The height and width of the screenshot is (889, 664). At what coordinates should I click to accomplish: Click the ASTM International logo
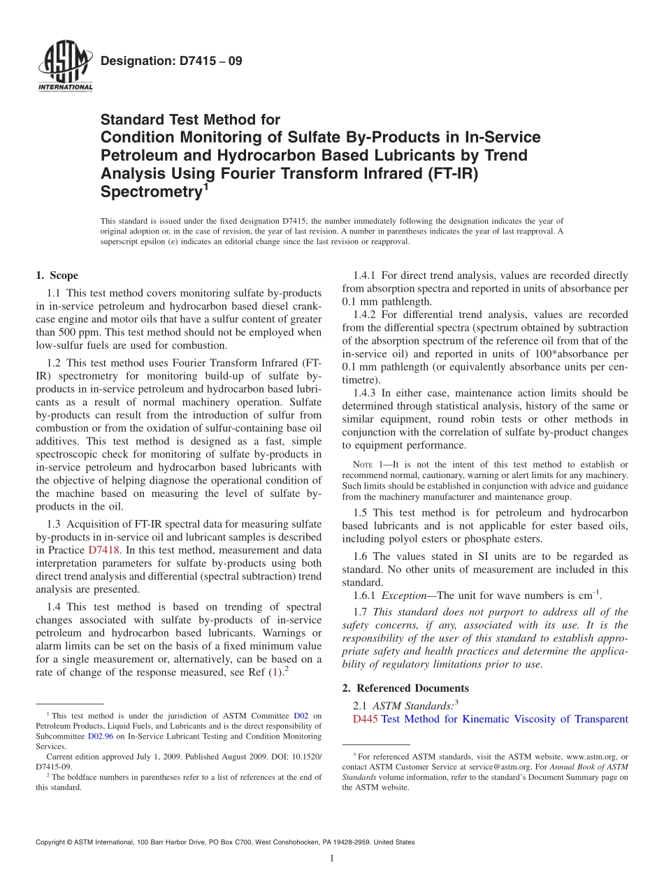pos(64,68)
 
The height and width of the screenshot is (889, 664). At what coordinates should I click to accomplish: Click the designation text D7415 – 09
pos(171,62)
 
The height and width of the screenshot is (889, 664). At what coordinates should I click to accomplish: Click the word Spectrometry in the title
pos(150,191)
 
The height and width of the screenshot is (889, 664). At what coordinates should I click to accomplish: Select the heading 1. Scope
pos(57,275)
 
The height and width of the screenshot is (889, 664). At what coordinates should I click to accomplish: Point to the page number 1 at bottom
pos(331,858)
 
